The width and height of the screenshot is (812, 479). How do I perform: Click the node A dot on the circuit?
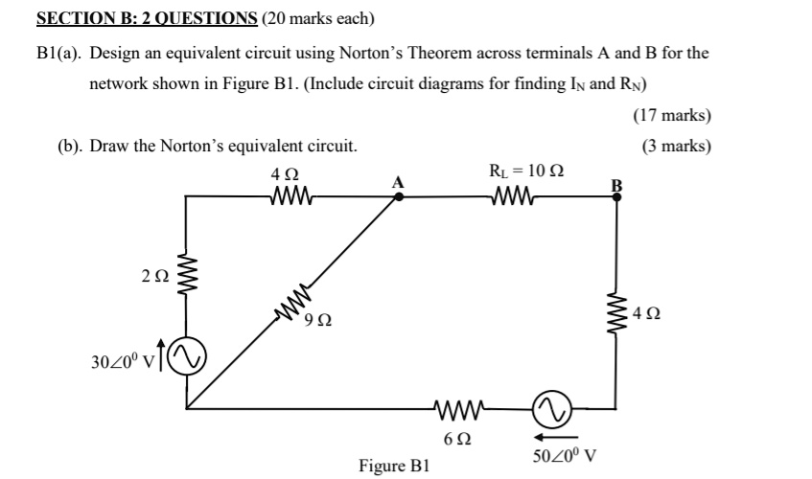tap(399, 195)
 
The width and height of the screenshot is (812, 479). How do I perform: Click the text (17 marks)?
tap(672, 116)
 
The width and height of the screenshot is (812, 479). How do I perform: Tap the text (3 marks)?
tap(676, 146)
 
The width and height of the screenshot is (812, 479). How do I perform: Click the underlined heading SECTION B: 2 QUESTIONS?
tap(147, 18)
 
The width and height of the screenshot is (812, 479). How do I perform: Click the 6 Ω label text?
tap(457, 439)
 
